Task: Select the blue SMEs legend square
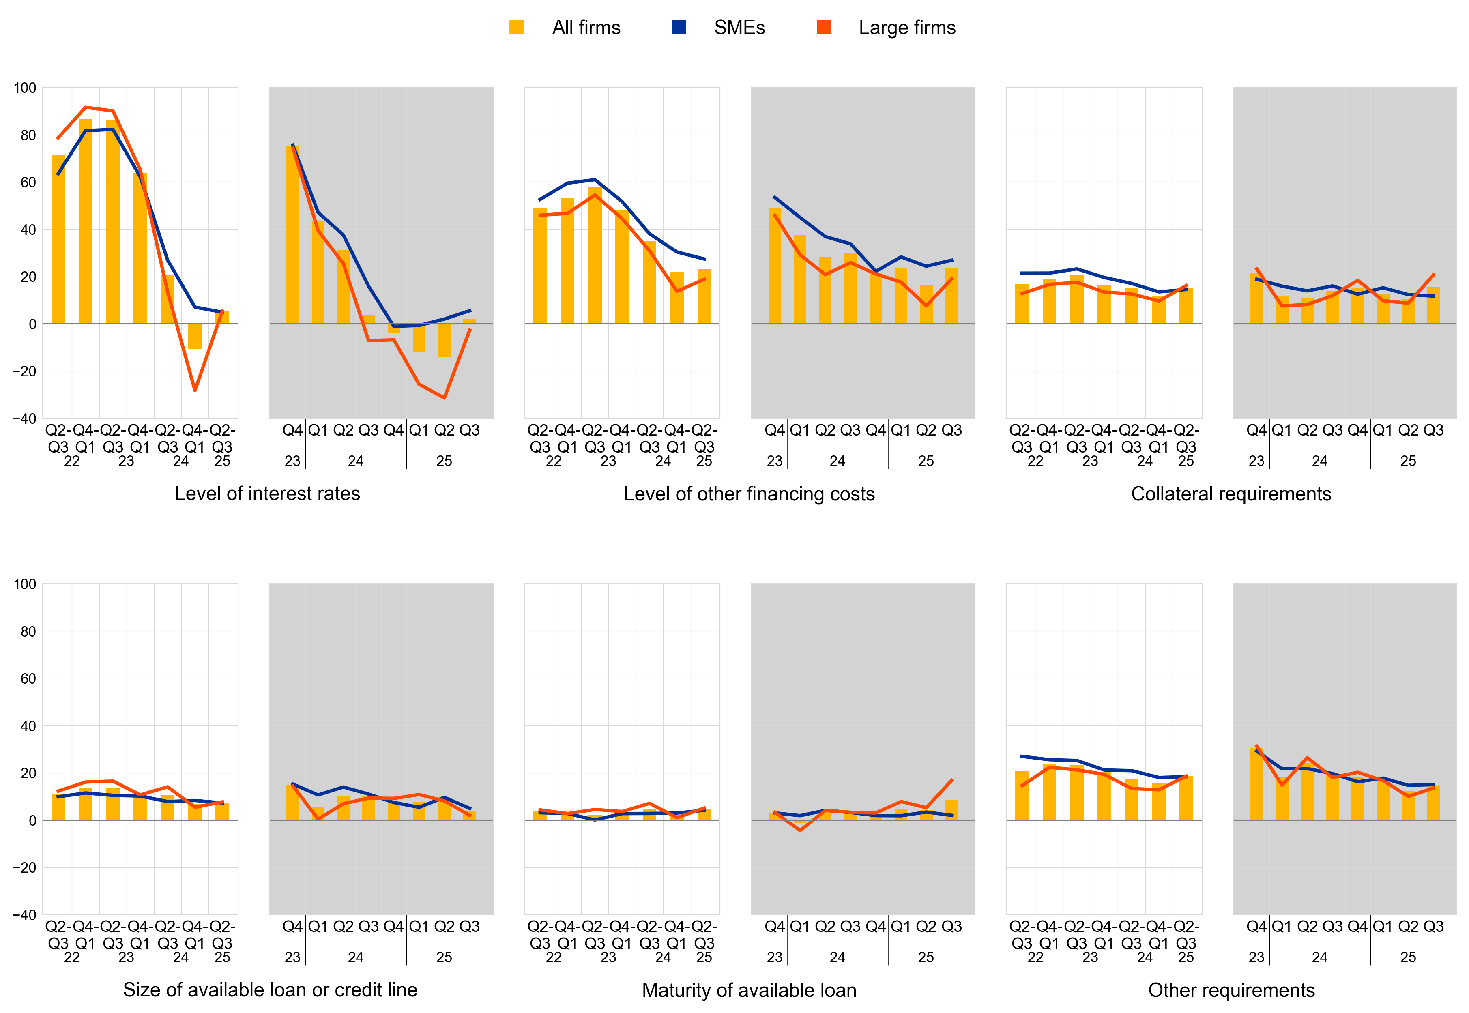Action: click(x=679, y=27)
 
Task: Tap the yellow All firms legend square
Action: click(x=517, y=27)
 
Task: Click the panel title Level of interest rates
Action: click(x=267, y=494)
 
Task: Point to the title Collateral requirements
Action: click(x=1231, y=494)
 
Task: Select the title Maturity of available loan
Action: click(x=749, y=990)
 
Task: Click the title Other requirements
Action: click(x=1231, y=990)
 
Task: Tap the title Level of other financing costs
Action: click(x=749, y=494)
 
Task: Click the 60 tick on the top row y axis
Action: click(x=28, y=182)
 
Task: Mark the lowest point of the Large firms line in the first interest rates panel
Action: click(x=195, y=391)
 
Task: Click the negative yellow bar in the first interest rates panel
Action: click(x=195, y=337)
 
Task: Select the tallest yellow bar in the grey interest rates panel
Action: click(x=293, y=235)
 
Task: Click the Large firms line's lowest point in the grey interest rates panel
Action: click(x=445, y=398)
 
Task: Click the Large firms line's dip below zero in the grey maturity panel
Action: click(x=800, y=830)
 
